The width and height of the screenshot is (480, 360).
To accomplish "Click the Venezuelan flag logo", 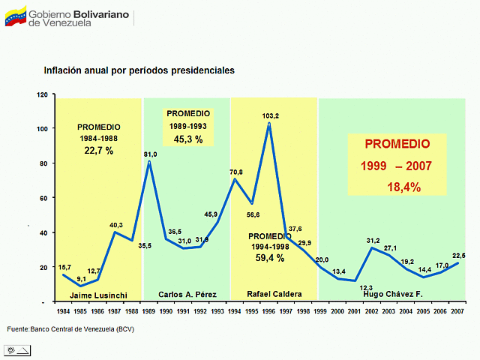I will coord(16,16).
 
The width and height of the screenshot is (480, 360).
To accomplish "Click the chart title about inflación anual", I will coord(139,70).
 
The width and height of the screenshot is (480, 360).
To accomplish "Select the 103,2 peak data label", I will coord(270,115).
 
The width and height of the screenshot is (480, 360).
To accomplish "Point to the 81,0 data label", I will coord(150,154).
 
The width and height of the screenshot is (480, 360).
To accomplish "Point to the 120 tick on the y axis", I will coord(42,94).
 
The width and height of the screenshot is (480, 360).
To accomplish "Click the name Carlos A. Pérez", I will coord(187,294).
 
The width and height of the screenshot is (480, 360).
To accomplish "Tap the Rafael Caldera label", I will coord(274,294).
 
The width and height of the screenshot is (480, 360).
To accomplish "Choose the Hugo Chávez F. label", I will coord(393,294).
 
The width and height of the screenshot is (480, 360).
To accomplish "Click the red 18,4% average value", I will coord(403,187).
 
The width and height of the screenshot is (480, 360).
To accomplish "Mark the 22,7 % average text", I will coord(98,151).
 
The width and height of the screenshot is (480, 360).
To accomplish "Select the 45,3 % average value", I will coord(188,139).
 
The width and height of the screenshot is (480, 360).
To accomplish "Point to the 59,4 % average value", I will coord(269,258).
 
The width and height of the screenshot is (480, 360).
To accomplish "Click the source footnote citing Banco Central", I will coord(70,329).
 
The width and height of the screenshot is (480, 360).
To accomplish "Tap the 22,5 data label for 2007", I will coord(459,255).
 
